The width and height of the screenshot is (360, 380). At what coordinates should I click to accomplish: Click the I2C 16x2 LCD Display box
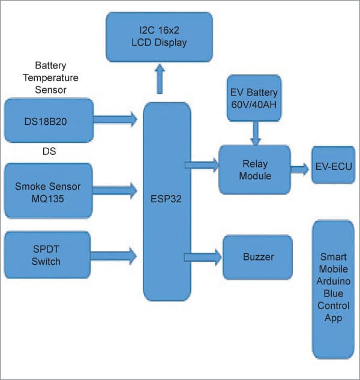[159, 36]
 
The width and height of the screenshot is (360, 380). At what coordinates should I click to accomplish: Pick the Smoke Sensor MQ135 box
[49, 190]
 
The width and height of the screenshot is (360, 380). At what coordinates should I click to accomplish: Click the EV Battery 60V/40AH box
[254, 98]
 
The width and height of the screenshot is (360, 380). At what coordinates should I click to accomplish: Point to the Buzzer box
[257, 257]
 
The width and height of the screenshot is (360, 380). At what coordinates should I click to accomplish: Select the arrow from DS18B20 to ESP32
[116, 119]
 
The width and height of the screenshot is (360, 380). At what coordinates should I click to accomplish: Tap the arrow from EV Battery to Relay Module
[256, 133]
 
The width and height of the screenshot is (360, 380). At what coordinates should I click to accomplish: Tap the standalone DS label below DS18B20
[49, 152]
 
